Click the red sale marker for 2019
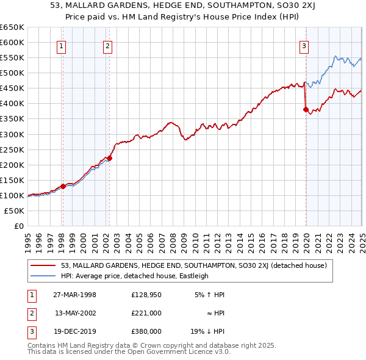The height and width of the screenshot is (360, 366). [x=305, y=110]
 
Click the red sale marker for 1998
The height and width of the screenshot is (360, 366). [x=63, y=186]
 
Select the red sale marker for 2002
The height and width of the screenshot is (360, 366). [x=109, y=158]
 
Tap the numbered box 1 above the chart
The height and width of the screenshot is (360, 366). [x=62, y=45]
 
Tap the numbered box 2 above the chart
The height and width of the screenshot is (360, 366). [x=107, y=45]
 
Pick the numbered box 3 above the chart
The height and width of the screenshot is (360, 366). [x=304, y=45]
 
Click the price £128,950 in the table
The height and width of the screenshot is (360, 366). [x=146, y=295]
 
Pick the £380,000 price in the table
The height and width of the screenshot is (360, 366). [x=146, y=333]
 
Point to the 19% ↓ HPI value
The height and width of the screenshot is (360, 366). [x=207, y=333]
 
